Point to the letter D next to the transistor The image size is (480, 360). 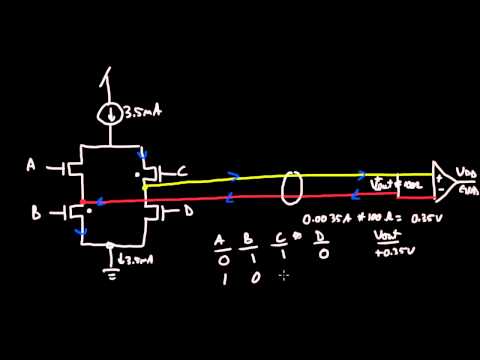(190, 213)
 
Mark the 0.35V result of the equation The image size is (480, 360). (437, 215)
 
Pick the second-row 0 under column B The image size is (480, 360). (252, 279)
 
